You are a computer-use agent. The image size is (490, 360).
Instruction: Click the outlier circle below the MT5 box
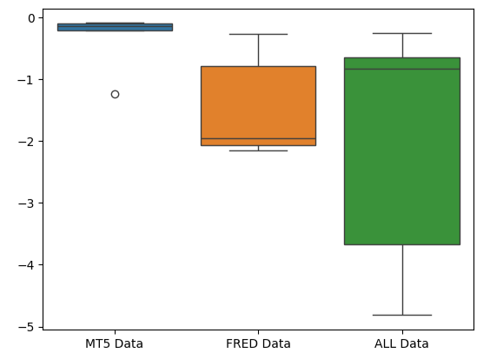click(115, 94)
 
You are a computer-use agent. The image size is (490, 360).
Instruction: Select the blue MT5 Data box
click(115, 27)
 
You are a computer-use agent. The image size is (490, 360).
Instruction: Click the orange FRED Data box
click(258, 106)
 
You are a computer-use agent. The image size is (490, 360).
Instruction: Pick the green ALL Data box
click(402, 151)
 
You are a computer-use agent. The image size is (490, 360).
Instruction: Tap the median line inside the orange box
click(258, 138)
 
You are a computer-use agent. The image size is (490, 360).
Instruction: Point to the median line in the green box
click(402, 69)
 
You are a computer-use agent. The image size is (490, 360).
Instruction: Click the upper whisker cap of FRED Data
click(258, 34)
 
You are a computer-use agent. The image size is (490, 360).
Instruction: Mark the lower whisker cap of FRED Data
click(258, 150)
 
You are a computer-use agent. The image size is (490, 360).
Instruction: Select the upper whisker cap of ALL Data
click(402, 33)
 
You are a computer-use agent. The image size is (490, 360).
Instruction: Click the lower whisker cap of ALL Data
click(402, 315)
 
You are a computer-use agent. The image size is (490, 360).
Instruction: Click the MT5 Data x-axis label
click(114, 343)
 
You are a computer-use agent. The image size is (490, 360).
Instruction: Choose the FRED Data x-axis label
click(258, 343)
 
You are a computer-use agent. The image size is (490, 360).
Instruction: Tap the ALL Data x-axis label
click(401, 343)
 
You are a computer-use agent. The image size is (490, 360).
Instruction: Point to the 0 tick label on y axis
click(31, 18)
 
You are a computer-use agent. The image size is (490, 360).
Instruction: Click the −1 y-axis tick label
click(26, 80)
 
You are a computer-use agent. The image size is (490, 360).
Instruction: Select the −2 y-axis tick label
click(26, 142)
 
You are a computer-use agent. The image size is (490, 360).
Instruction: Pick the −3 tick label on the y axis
click(26, 203)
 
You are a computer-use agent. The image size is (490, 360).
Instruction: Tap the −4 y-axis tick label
click(26, 265)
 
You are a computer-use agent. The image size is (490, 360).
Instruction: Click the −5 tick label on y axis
click(26, 327)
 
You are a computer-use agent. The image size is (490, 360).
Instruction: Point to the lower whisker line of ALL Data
click(402, 280)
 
